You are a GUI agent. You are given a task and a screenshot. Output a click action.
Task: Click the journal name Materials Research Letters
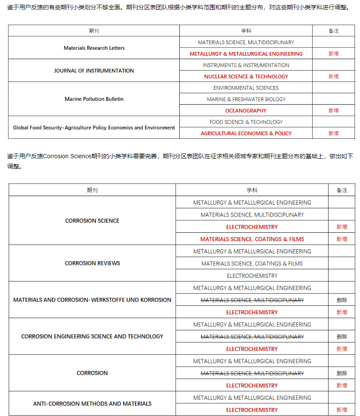(94, 48)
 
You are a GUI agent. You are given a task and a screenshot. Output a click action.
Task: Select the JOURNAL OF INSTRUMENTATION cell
(94, 71)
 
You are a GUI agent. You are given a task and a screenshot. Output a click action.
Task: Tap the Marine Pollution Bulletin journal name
(94, 99)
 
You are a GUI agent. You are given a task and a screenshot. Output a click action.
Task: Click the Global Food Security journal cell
(94, 128)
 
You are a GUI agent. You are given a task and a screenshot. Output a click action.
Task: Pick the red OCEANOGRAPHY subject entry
(246, 111)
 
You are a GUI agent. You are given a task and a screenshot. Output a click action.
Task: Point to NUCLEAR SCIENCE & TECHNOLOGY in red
(246, 77)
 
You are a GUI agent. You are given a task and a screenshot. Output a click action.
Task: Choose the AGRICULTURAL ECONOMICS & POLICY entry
(246, 133)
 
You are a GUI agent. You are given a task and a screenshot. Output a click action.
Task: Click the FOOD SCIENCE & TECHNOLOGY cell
(246, 122)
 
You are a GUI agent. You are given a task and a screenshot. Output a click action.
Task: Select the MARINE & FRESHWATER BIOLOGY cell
(246, 99)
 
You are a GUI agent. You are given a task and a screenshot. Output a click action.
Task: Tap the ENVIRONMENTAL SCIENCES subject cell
(246, 88)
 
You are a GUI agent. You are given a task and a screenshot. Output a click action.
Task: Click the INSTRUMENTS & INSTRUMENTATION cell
(246, 65)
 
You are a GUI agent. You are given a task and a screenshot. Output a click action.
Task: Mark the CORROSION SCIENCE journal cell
(92, 221)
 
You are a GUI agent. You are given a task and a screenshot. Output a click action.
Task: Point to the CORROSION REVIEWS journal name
(92, 263)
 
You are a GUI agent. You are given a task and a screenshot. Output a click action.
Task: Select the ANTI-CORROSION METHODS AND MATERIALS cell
(92, 404)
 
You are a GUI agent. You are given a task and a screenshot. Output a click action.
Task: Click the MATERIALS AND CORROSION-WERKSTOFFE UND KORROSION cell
(92, 300)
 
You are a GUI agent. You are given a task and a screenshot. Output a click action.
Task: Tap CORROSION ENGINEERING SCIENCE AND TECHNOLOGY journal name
(92, 336)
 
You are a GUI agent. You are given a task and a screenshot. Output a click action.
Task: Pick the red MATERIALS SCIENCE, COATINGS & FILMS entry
(252, 239)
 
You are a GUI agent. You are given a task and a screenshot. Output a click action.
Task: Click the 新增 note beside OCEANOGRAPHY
(333, 111)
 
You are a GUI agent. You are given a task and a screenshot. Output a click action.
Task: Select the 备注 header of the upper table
(333, 31)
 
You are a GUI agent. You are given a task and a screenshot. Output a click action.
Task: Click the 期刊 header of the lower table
(92, 190)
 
